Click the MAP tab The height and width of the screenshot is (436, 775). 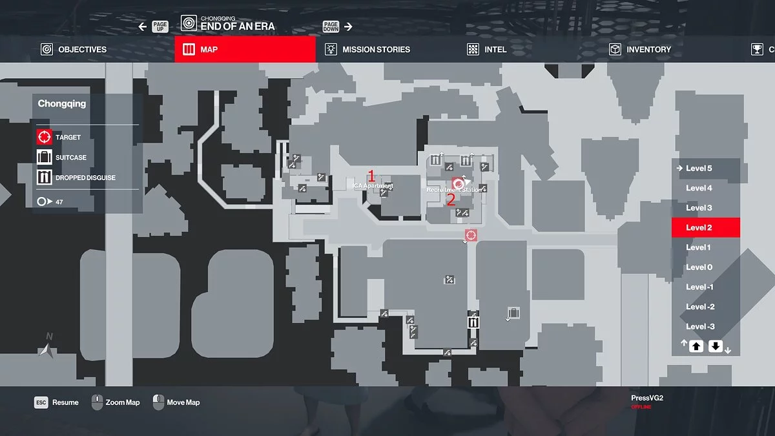click(245, 49)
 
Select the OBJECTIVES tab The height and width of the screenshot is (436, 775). click(74, 49)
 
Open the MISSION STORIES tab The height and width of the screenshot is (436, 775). click(368, 49)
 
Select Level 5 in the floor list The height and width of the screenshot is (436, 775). click(699, 169)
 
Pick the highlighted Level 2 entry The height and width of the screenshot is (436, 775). click(705, 227)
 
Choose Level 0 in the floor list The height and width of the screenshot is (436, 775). click(699, 267)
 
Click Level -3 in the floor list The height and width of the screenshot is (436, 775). click(700, 326)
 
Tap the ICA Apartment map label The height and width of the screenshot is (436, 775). click(373, 186)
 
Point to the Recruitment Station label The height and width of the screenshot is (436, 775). click(454, 191)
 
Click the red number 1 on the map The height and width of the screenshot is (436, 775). click(371, 175)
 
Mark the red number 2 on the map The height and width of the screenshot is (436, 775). click(451, 200)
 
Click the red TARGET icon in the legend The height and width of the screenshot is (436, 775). click(44, 137)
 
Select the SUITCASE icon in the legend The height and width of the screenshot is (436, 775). click(44, 157)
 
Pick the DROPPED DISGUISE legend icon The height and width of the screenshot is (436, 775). click(44, 177)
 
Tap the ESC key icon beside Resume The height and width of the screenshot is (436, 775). click(41, 402)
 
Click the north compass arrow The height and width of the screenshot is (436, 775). click(45, 349)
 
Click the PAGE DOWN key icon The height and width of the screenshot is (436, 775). click(331, 26)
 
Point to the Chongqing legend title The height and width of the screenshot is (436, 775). click(62, 103)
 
